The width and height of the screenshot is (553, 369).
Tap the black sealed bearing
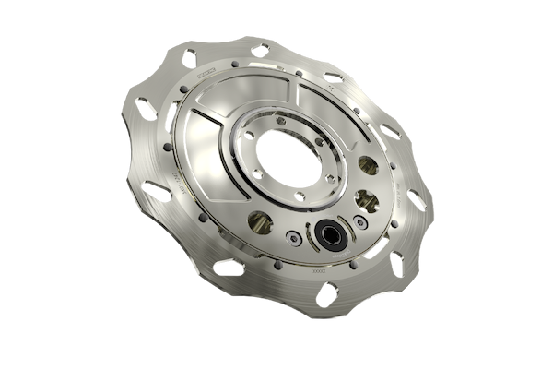coord(329,235)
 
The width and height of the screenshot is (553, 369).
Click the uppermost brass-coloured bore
coord(368,165)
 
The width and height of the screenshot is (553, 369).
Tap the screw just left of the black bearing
coord(293,238)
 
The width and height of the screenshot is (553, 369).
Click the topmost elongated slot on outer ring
coord(261,51)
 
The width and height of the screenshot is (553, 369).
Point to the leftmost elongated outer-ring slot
coord(146,110)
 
